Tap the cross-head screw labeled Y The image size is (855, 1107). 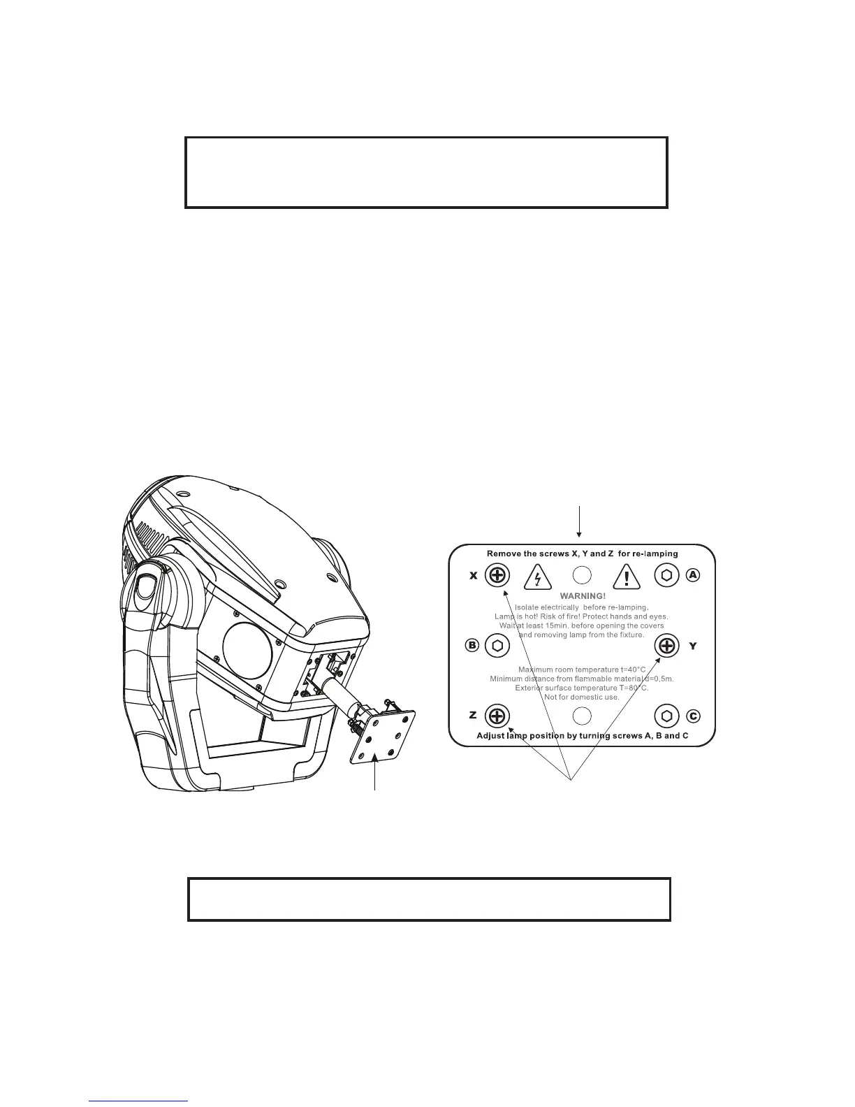(667, 646)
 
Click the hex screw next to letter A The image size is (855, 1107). (667, 575)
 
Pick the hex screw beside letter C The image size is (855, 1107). (667, 716)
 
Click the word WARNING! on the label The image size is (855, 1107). (583, 596)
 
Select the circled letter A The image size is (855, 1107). (692, 575)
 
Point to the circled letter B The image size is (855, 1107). (472, 645)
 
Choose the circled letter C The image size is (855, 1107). (692, 716)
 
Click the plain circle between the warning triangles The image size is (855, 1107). (582, 575)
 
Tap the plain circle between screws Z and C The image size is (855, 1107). (582, 716)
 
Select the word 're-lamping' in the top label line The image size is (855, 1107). (655, 553)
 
